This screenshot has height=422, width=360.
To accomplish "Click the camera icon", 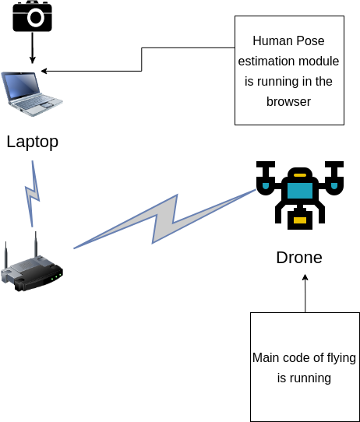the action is click(32, 16).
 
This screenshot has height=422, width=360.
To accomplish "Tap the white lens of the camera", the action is click(36, 18).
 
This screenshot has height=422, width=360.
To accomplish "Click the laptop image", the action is click(32, 93).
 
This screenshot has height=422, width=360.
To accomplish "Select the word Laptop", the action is click(32, 142).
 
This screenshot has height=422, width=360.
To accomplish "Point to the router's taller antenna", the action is click(36, 244).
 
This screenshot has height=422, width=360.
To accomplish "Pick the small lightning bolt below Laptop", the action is click(32, 194).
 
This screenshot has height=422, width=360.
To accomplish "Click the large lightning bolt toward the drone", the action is click(164, 219).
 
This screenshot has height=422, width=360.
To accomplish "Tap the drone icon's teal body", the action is click(300, 191).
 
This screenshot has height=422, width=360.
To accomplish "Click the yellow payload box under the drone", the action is click(300, 220).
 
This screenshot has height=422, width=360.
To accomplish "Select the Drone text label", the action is click(299, 257).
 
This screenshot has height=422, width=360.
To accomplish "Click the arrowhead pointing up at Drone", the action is click(305, 277).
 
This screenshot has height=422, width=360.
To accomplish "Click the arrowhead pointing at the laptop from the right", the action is click(44, 71).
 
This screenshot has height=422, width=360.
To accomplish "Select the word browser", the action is click(288, 102).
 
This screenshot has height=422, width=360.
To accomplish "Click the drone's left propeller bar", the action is click(266, 164).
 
